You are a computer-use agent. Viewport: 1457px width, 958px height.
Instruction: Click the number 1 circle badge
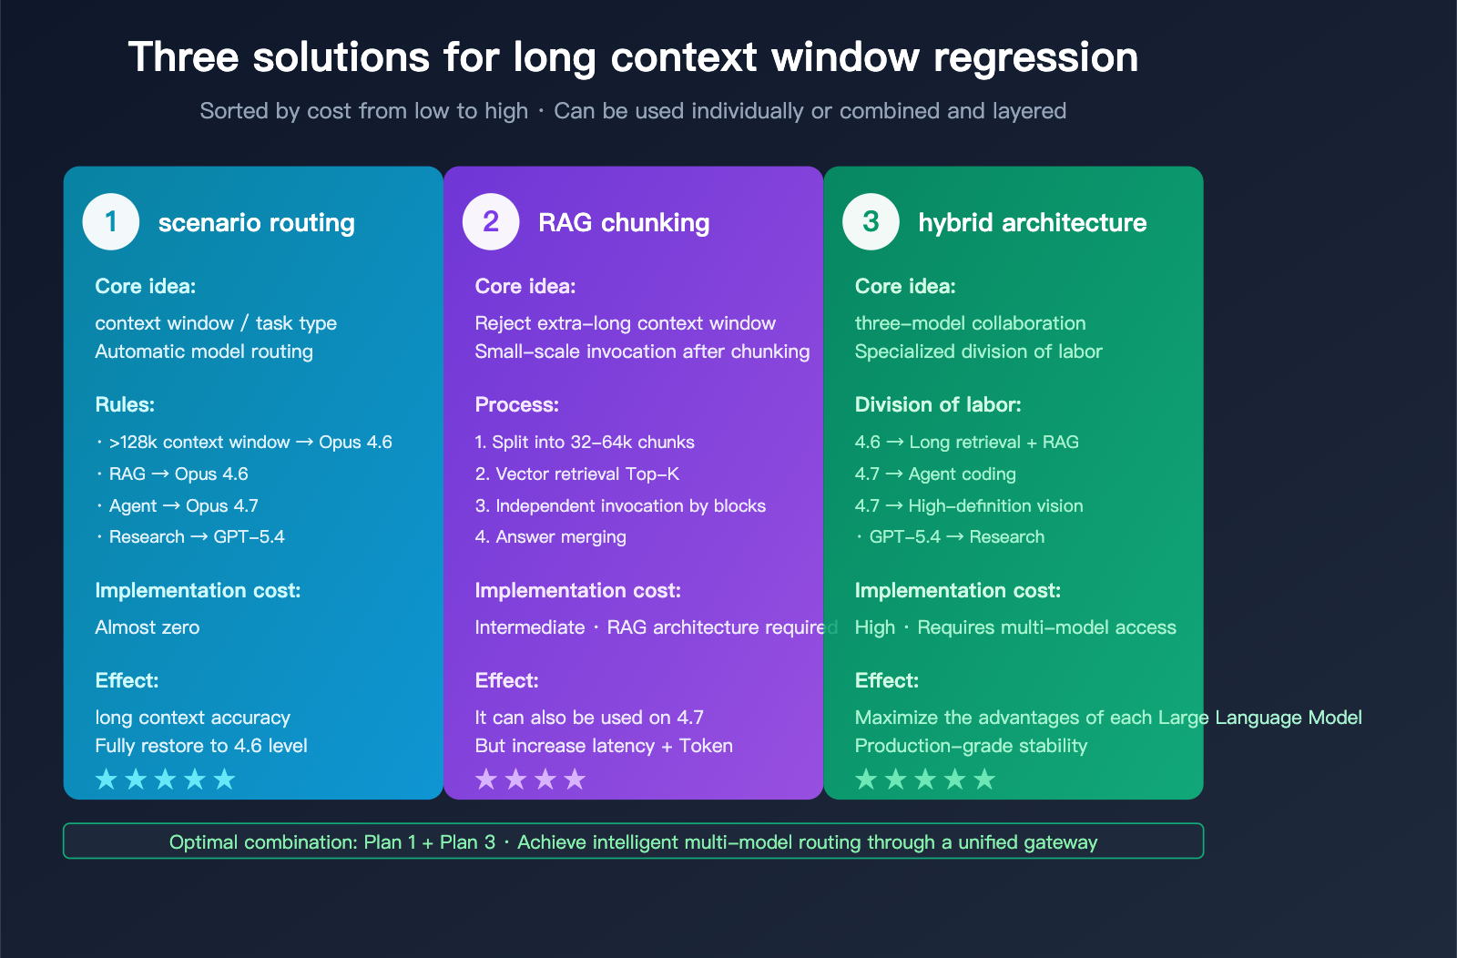(x=111, y=222)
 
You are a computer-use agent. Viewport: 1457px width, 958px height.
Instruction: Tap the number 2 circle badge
(x=491, y=222)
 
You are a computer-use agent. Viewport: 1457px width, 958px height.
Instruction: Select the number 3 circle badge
(x=871, y=222)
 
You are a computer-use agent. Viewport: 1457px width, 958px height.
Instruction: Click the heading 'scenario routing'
(x=257, y=223)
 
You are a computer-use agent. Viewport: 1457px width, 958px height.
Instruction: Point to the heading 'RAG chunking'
(x=624, y=223)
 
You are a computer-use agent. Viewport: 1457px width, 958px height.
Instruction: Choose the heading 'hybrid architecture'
(x=1032, y=223)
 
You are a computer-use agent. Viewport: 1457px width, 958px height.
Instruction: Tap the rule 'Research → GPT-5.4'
(x=197, y=537)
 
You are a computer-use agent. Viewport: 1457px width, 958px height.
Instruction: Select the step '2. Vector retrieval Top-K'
(x=577, y=474)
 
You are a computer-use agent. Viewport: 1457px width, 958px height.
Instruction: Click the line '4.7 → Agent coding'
(x=935, y=474)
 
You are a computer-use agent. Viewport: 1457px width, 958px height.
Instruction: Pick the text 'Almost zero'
(x=148, y=627)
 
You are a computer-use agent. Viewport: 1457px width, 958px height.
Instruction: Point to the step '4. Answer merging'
(x=550, y=537)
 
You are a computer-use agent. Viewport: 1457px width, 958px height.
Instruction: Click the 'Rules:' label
(x=125, y=405)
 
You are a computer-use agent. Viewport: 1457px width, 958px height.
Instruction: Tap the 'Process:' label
(x=516, y=405)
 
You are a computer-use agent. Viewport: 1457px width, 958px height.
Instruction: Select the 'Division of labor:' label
(x=938, y=405)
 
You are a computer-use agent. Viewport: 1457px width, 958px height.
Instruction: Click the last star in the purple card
(x=575, y=780)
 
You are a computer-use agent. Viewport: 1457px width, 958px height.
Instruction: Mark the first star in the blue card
(x=107, y=780)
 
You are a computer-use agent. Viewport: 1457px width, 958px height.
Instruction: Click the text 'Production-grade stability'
(x=971, y=746)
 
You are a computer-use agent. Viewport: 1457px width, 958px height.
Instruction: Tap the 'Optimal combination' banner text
(x=633, y=842)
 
